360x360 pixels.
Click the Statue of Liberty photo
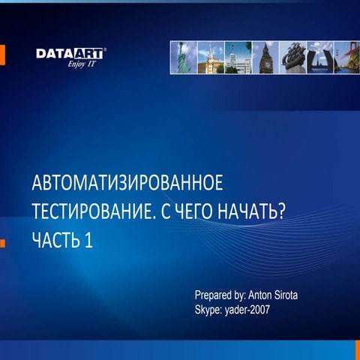[184, 57]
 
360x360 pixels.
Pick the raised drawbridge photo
[319, 57]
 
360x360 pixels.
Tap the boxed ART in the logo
[88, 53]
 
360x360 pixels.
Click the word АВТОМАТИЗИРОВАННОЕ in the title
[127, 184]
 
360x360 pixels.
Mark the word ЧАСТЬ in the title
[55, 241]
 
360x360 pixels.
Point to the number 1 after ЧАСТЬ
[88, 241]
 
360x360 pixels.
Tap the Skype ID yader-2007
[250, 308]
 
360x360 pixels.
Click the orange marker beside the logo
[2, 54]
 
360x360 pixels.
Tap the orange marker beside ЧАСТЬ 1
[2, 242]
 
